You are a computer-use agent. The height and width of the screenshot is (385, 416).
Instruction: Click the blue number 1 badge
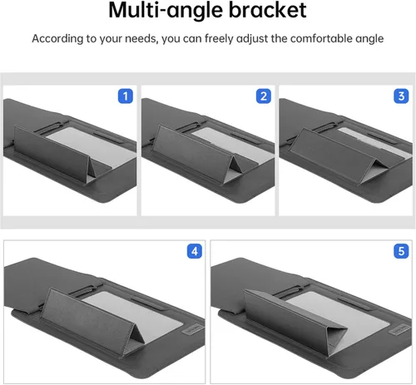(x=126, y=96)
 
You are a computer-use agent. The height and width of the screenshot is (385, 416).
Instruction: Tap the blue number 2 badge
(x=264, y=96)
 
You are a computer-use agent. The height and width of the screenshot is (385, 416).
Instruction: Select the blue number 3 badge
(x=401, y=96)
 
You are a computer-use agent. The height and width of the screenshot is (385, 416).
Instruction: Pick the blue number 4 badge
(x=195, y=251)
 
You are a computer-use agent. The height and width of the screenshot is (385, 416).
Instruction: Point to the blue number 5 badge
(x=401, y=251)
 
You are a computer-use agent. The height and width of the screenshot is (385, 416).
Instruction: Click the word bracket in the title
(x=267, y=10)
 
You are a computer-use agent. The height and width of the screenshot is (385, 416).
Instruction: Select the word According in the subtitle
(x=57, y=38)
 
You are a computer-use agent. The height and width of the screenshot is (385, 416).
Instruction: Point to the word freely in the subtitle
(x=219, y=39)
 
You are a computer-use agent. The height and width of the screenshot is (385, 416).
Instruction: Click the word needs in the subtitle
(x=141, y=39)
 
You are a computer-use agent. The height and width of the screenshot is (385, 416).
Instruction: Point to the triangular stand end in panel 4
(x=132, y=340)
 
